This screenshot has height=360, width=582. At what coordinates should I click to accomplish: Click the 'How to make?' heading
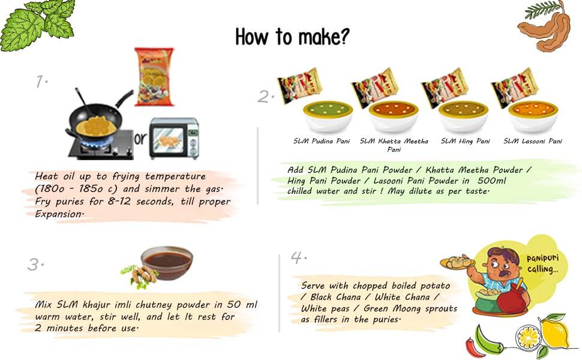[292, 37]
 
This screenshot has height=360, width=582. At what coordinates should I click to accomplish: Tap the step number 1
[41, 82]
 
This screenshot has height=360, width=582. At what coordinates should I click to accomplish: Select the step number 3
[37, 264]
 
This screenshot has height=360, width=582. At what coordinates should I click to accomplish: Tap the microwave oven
[173, 138]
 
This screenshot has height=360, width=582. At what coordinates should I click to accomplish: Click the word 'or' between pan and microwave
[140, 139]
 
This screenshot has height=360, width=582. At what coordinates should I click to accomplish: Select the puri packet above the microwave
[154, 76]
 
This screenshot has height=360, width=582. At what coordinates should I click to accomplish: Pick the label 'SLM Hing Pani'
[465, 142]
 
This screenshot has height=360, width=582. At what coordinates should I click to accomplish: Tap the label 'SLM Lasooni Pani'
[533, 142]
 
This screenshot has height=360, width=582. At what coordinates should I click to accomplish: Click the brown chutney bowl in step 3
[167, 263]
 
